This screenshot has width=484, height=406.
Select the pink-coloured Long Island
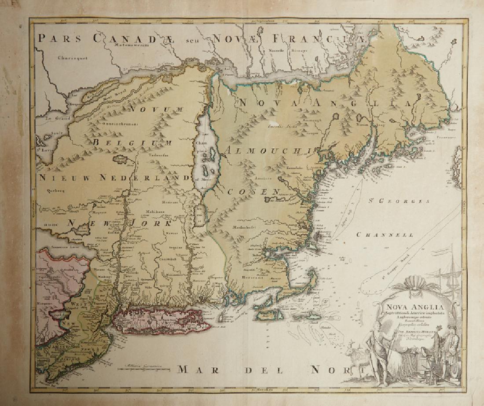point(158,320)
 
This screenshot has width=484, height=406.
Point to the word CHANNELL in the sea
point(385,235)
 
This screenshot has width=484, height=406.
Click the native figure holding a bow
point(376,351)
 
